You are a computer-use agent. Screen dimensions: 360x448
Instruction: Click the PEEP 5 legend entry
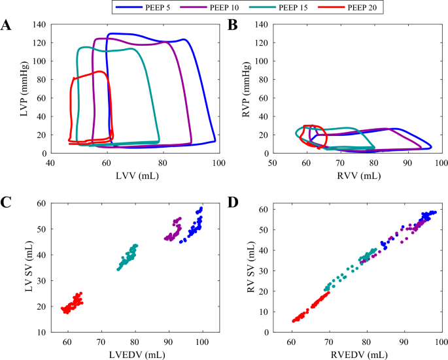pyautogui.click(x=150, y=7)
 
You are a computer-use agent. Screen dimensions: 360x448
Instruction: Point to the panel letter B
pyautogui.click(x=232, y=25)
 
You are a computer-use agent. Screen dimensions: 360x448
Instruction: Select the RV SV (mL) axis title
pyautogui.click(x=249, y=268)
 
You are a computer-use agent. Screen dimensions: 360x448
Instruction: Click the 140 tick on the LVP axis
pyautogui.click(x=40, y=24)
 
